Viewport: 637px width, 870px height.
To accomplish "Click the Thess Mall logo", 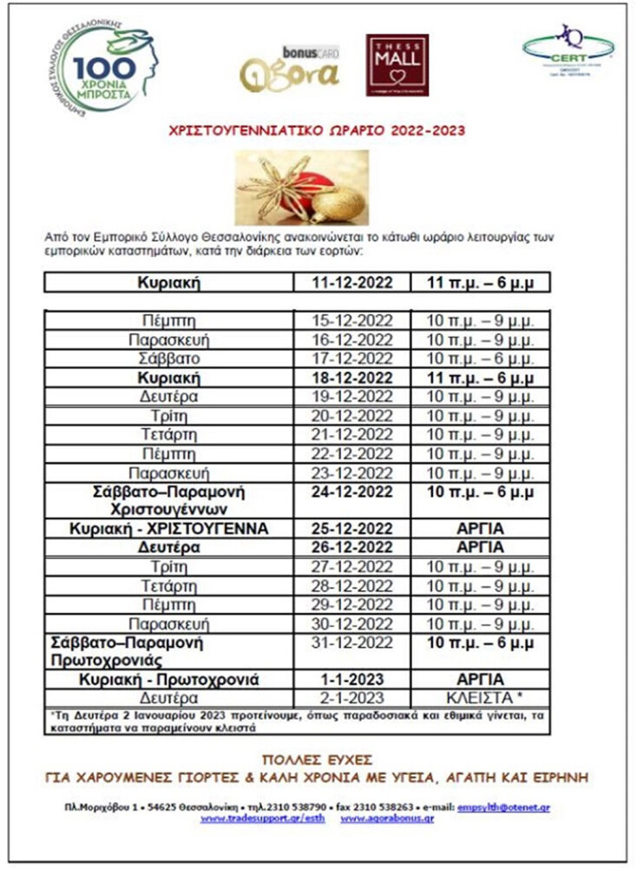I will pos(397,65).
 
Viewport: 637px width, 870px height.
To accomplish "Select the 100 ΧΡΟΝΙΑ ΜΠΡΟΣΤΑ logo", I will pos(102,66).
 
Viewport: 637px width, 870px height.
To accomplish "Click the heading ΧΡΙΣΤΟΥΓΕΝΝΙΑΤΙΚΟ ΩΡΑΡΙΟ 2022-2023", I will pos(318,131).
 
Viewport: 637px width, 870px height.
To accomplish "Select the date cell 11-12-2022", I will pos(352,283).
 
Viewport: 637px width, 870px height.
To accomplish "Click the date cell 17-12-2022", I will pos(352,358).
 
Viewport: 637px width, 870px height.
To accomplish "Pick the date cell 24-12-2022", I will pos(352,492).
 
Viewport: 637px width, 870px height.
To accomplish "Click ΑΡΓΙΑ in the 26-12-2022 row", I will pos(480,548).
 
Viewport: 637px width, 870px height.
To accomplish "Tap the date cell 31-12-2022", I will pos(352,643).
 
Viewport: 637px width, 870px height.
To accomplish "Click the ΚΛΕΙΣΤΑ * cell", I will pos(480,697).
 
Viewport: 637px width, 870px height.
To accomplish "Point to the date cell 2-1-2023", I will pos(352,697).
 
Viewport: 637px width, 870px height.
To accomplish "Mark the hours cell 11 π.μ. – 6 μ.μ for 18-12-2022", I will pos(480,378).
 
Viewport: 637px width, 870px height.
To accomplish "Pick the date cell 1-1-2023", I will pos(352,679).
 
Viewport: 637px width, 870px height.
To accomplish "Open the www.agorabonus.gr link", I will pos(388,818).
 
